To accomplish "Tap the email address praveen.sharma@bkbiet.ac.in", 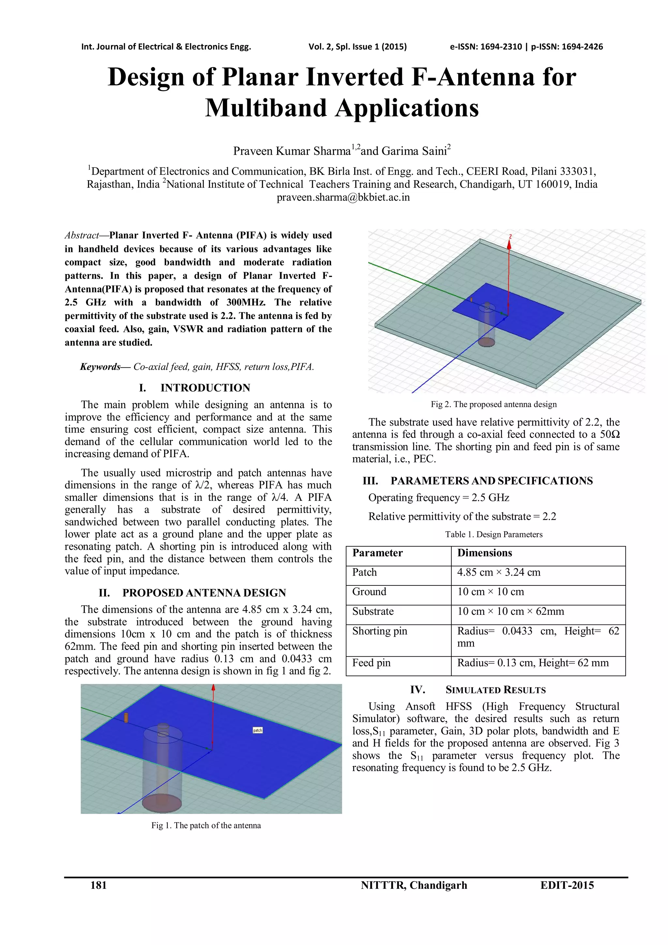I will [343, 197].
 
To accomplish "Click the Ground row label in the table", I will [369, 592].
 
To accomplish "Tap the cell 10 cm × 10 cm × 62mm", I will [510, 611].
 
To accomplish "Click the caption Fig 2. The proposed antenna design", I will [493, 404].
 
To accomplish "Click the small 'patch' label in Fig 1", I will [257, 730].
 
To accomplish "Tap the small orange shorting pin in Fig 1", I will [126, 718].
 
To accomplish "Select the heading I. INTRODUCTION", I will [194, 388].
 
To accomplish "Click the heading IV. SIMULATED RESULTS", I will [478, 690].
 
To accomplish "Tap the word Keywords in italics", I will [100, 367].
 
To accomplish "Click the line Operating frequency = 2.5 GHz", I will [438, 498].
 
